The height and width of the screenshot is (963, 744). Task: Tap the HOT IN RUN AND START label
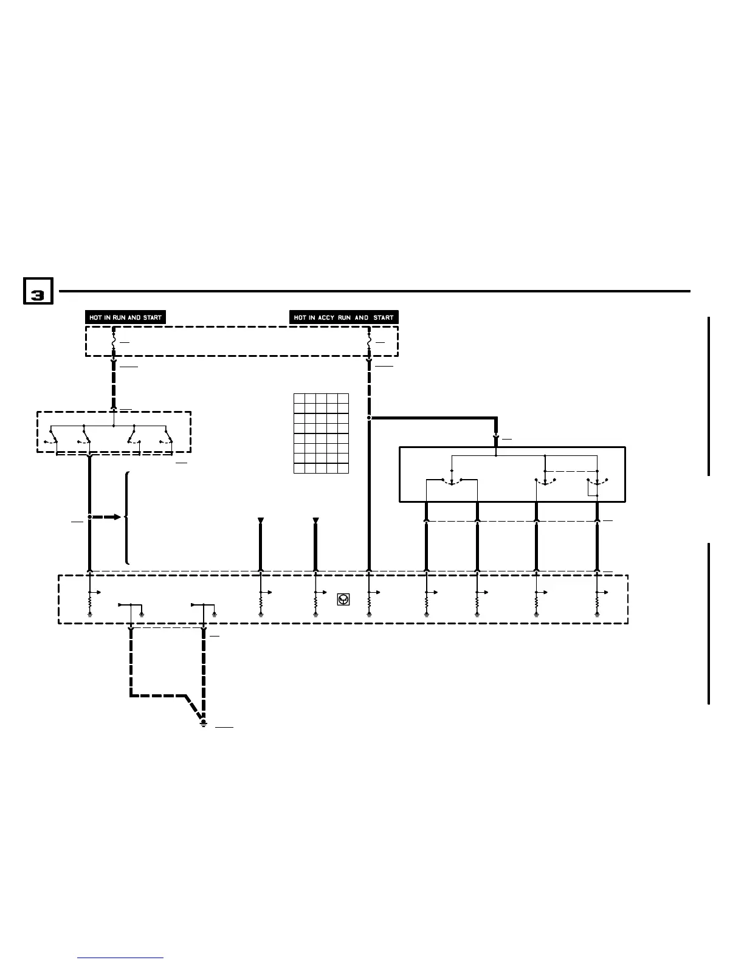pos(126,317)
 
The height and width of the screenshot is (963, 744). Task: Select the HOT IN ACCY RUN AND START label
pos(343,317)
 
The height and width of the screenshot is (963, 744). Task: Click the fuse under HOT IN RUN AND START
pos(114,343)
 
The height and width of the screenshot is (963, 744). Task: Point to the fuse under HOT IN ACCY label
pos(369,343)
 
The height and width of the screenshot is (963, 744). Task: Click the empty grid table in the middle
pos(321,433)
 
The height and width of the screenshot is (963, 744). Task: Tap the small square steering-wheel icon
pos(343,600)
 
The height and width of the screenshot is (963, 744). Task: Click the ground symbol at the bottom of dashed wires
pos(204,723)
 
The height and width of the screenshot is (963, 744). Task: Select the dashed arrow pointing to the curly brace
pos(108,517)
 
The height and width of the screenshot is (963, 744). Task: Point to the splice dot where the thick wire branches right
pos(369,418)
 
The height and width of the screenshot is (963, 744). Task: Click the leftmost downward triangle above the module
pos(261,520)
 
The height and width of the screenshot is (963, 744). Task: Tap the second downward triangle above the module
pos(315,520)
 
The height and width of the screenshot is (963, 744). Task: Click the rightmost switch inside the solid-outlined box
pos(598,481)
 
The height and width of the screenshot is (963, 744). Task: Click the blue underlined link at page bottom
pos(120,958)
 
